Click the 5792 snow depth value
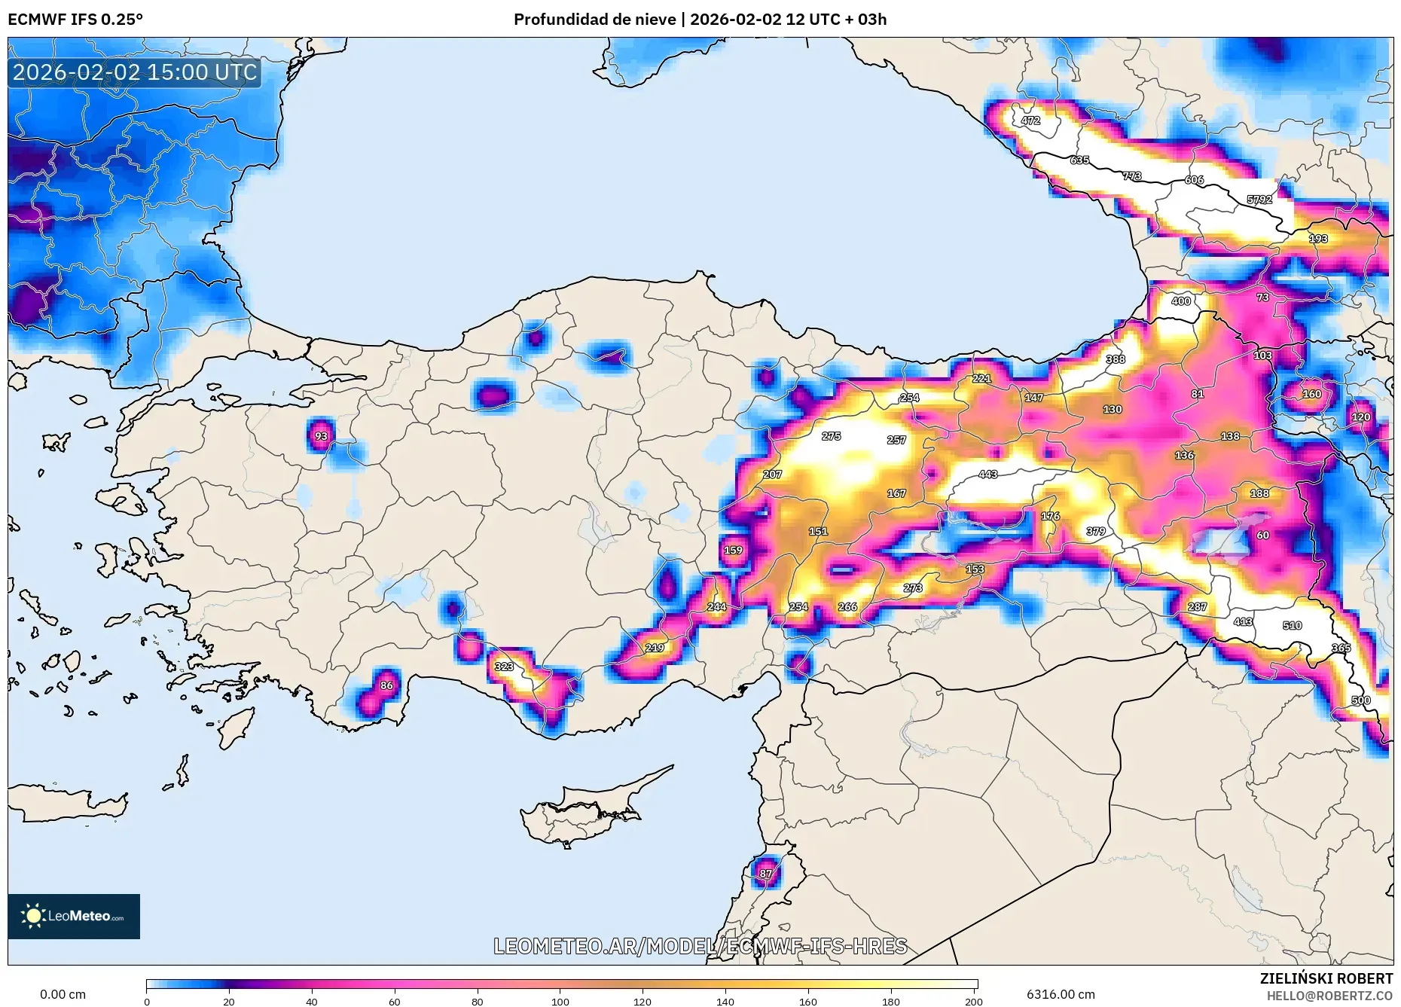point(1259,200)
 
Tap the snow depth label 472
point(1030,121)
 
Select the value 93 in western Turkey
point(322,436)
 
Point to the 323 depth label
point(504,667)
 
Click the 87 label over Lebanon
point(766,874)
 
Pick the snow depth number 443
point(987,475)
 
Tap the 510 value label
point(1292,625)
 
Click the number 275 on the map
point(831,436)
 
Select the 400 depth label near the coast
point(1181,301)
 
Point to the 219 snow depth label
point(655,648)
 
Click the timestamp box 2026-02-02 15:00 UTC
point(135,72)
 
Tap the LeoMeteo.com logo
point(74,916)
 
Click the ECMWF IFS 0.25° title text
point(75,20)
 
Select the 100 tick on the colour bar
point(560,1002)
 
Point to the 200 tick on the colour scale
point(973,1002)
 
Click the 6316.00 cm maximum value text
point(1061,994)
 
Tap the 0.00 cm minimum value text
point(63,994)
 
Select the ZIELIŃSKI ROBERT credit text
point(1326,978)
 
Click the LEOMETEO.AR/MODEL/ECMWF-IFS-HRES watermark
point(700,946)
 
